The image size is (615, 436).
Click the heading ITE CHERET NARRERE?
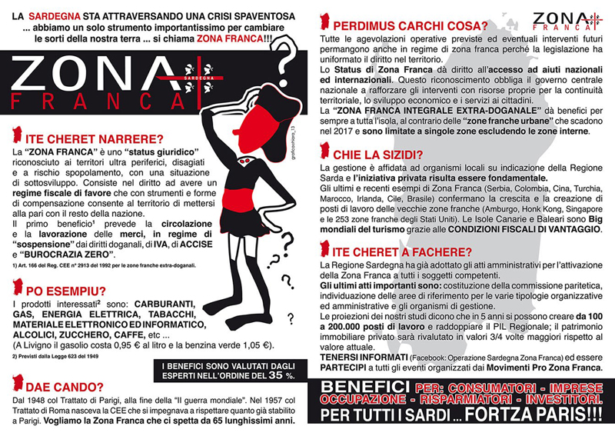(x=95, y=138)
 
